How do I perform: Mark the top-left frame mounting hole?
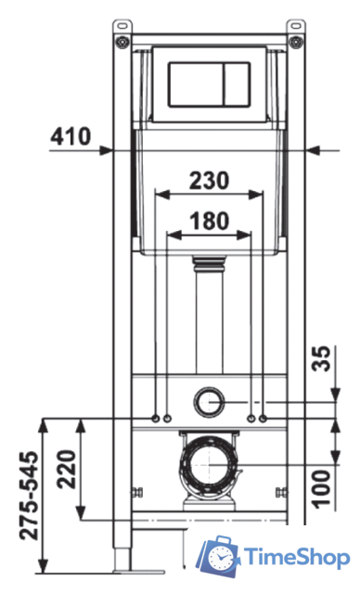pyautogui.click(x=120, y=41)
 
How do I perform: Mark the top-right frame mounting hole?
pyautogui.click(x=299, y=41)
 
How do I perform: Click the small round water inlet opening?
pyautogui.click(x=210, y=402)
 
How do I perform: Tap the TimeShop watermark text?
pyautogui.click(x=296, y=558)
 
